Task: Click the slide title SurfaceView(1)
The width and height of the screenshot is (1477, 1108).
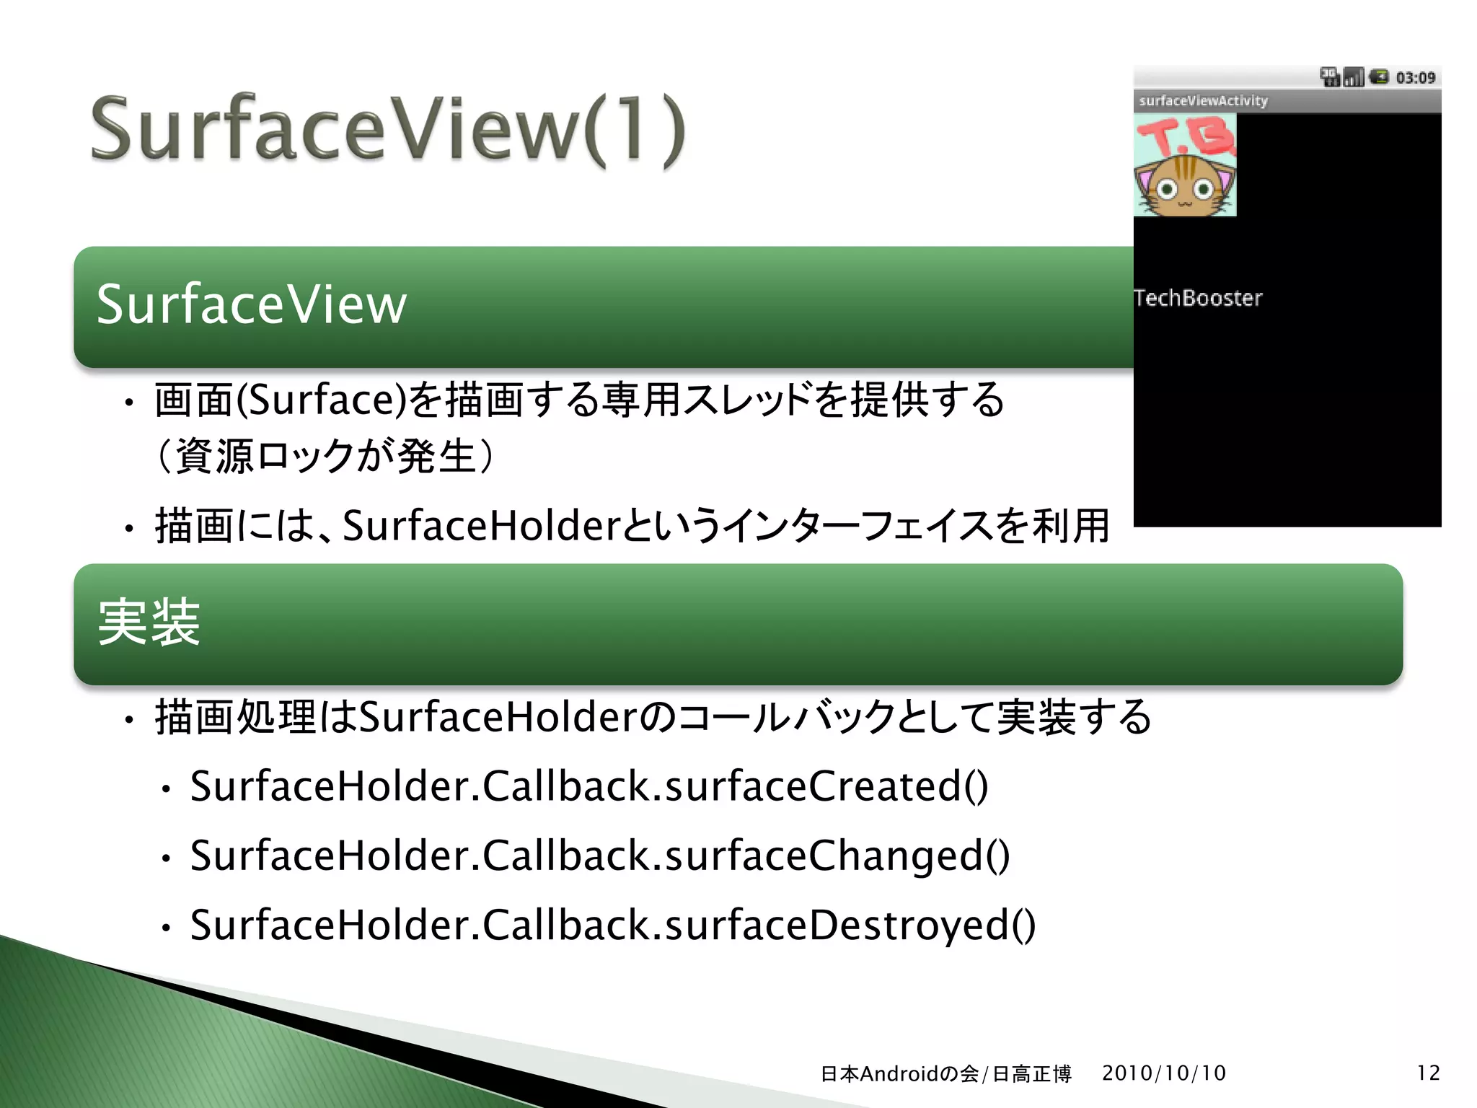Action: pos(387,130)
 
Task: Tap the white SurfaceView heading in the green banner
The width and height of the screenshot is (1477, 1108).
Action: pos(252,304)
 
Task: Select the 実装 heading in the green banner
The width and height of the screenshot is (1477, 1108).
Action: pos(149,622)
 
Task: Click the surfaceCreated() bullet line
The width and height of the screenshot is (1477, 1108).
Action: pos(588,786)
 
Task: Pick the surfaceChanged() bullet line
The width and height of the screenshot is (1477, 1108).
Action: pos(599,856)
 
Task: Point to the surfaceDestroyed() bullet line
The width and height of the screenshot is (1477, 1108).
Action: pos(612,925)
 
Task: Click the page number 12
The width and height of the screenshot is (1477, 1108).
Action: pos(1428,1073)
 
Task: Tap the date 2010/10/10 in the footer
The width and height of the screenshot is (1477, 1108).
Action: pos(1163,1073)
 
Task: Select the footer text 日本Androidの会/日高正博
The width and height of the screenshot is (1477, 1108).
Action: pos(945,1073)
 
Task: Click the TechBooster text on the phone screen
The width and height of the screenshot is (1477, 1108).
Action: pos(1198,298)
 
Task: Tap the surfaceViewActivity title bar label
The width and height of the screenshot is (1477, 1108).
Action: pos(1203,101)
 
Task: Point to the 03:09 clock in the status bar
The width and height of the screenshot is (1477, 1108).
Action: pos(1415,77)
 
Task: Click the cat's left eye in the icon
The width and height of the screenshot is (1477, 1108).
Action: pos(1168,190)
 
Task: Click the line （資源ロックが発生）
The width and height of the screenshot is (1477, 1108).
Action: pos(325,456)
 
